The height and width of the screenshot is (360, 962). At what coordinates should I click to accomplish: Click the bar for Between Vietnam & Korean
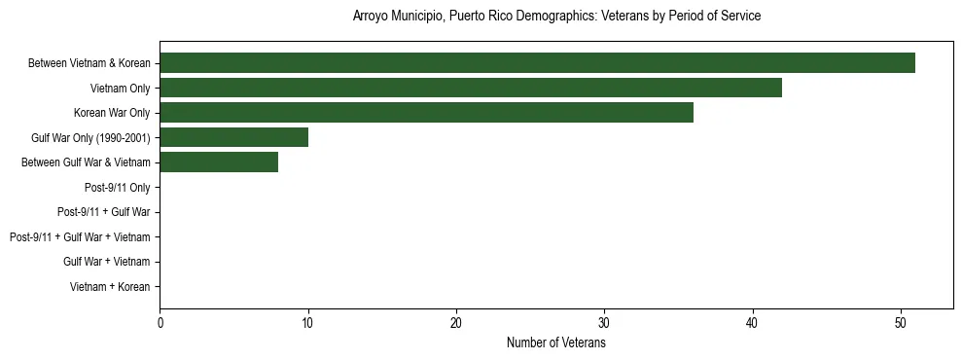[537, 63]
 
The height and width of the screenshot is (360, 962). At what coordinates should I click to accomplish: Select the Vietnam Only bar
[471, 89]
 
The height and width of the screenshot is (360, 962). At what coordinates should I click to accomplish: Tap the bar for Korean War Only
[426, 113]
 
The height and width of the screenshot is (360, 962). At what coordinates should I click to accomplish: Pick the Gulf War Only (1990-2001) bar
[233, 137]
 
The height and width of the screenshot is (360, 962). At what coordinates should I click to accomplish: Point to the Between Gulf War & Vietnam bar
[219, 162]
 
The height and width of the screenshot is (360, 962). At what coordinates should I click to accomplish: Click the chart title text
[556, 17]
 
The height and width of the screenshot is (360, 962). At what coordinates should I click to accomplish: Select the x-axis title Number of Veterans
[556, 343]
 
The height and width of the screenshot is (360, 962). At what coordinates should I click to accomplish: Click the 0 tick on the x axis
[160, 323]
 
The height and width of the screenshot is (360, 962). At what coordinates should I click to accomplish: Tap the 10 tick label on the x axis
[307, 323]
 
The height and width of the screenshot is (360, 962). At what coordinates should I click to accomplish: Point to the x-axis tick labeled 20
[456, 323]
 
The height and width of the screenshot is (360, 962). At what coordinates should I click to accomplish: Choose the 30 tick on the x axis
[604, 323]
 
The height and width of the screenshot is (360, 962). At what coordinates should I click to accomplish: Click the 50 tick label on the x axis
[901, 323]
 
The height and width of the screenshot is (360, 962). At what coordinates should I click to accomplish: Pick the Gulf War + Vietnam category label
[106, 262]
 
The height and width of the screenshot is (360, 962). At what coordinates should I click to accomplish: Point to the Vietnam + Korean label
[110, 287]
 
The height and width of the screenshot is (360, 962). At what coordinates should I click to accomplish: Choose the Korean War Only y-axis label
[112, 113]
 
